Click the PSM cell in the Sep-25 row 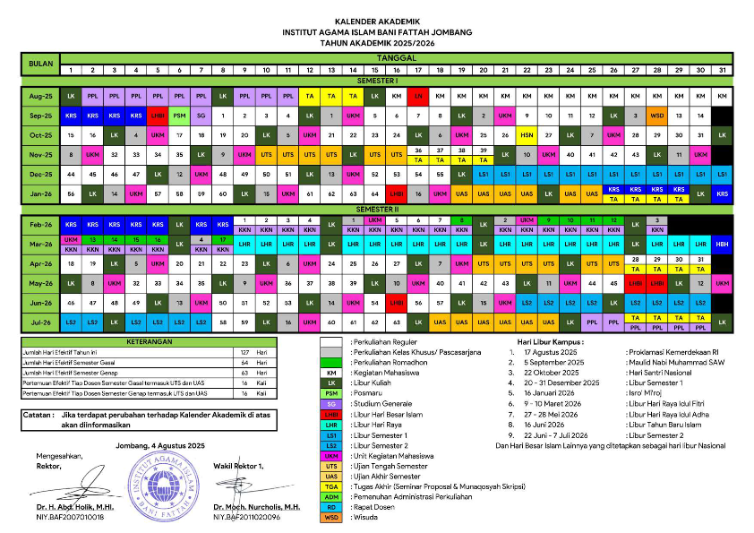pos(180,115)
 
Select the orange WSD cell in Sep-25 pos(657,115)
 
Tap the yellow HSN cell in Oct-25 pos(527,134)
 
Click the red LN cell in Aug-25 pos(418,95)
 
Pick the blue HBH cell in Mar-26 pos(723,244)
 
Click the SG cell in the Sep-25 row pos(201,115)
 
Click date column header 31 pos(723,70)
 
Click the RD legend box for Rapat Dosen pos(331,507)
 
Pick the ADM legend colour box pos(331,496)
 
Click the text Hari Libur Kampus pos(549,341)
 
